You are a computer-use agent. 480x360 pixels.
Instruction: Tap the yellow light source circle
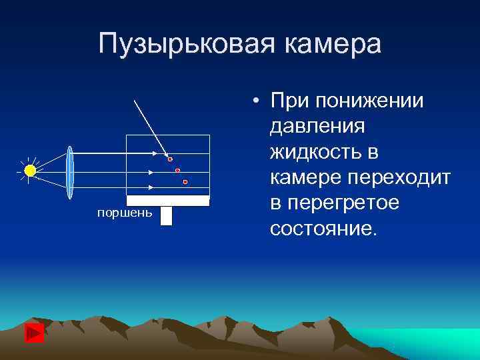[30, 171]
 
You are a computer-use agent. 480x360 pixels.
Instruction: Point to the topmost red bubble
[170, 159]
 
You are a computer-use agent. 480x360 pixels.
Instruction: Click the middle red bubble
[177, 171]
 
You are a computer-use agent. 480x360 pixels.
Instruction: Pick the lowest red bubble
[185, 182]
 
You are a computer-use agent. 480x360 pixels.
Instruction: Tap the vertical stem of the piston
[166, 215]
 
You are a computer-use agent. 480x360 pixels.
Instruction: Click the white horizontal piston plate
[168, 200]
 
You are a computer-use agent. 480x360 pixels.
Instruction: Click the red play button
[34, 333]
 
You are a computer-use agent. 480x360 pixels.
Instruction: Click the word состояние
[323, 229]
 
